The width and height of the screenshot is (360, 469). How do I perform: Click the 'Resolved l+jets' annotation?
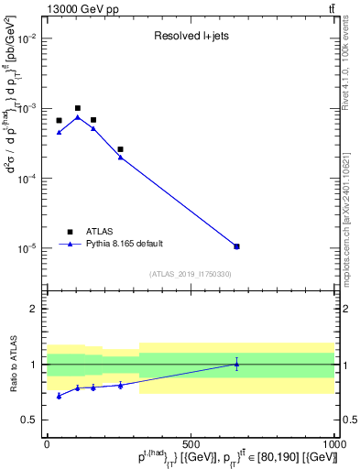click(x=191, y=38)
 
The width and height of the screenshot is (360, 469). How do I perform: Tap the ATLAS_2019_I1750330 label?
click(x=191, y=274)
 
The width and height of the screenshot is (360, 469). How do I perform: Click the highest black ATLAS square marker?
click(x=78, y=108)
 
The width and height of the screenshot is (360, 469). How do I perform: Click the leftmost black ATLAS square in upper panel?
click(x=59, y=120)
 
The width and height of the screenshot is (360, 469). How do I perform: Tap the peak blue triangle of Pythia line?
click(x=78, y=117)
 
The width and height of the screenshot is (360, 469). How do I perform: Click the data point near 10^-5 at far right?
click(x=236, y=246)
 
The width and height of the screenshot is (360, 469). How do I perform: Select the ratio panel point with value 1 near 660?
click(x=236, y=364)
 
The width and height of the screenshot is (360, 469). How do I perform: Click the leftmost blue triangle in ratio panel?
click(x=59, y=396)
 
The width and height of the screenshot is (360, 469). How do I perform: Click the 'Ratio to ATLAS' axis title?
click(x=12, y=364)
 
